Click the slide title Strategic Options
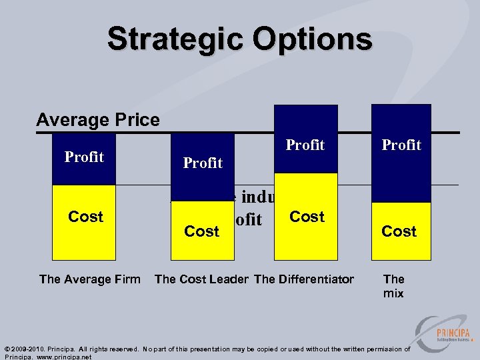[239, 39]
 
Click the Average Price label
[98, 120]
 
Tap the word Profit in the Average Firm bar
[84, 157]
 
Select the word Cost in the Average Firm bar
[85, 217]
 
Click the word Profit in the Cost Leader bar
[203, 163]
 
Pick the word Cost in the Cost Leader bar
[201, 231]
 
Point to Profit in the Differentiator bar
[305, 145]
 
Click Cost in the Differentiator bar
[307, 217]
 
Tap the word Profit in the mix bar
[401, 145]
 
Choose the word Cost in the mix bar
[399, 231]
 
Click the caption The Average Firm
[90, 279]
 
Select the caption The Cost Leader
[201, 279]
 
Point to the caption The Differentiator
[304, 279]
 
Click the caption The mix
[393, 286]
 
